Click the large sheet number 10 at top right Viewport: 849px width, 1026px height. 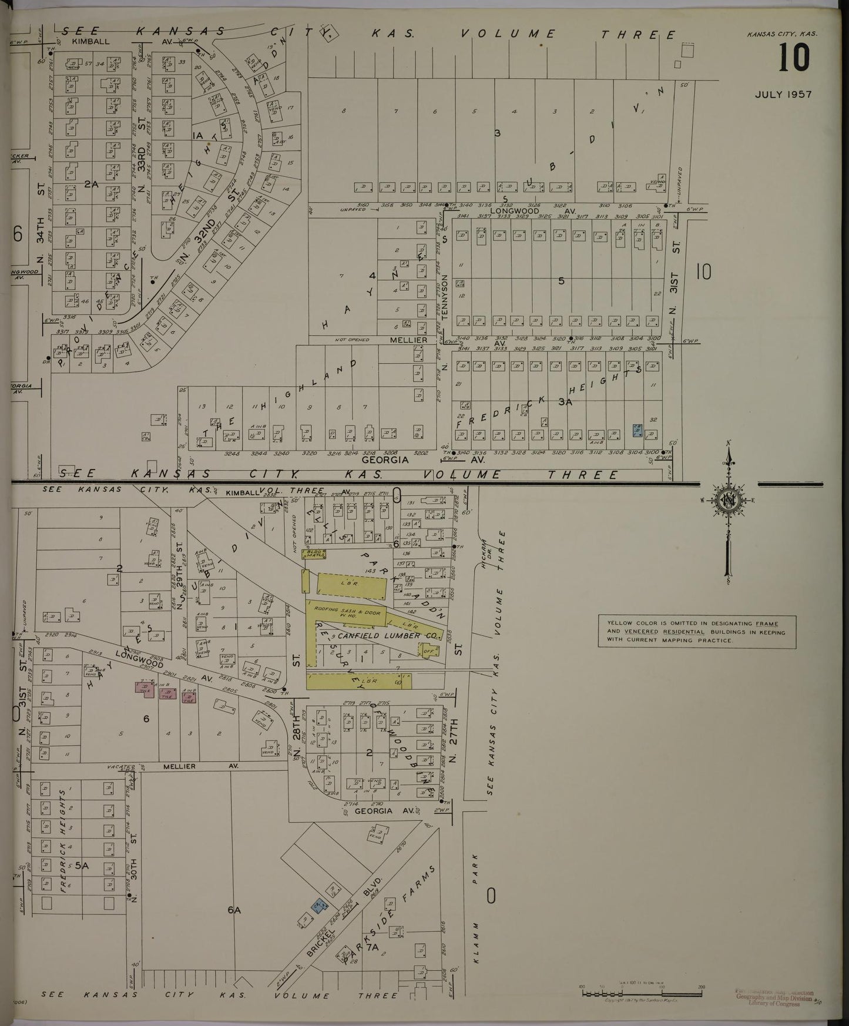(794, 59)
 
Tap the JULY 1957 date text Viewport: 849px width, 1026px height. (783, 95)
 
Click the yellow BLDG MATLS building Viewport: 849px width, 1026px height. (314, 554)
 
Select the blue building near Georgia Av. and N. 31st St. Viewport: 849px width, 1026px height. (637, 430)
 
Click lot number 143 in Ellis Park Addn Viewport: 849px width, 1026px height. (370, 571)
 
